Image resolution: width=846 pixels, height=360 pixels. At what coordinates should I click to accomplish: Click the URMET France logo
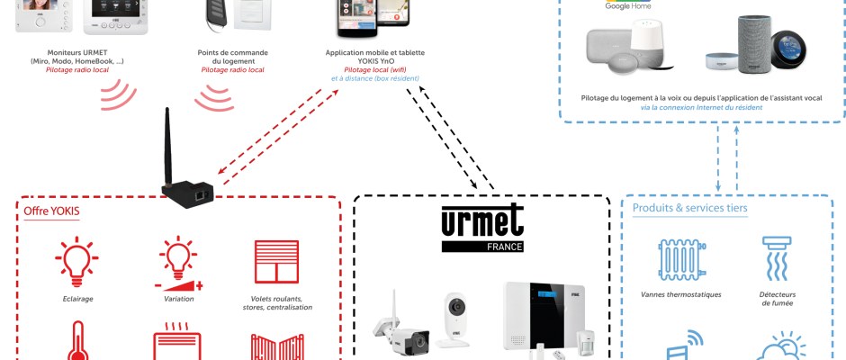(482, 228)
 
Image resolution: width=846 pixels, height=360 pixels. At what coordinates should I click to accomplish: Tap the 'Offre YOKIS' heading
(52, 211)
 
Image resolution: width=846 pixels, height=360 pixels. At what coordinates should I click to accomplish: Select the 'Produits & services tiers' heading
(690, 208)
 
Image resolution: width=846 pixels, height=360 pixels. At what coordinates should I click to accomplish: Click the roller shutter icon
(277, 262)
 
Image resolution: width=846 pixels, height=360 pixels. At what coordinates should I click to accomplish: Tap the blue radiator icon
(681, 260)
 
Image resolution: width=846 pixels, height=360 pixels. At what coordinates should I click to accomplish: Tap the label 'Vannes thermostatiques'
(681, 294)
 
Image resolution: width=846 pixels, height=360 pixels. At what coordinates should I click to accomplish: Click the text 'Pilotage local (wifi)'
(375, 69)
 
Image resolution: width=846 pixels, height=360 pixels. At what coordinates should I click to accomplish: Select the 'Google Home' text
(627, 6)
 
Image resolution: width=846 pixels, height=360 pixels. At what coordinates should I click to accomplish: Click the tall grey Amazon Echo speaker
(755, 44)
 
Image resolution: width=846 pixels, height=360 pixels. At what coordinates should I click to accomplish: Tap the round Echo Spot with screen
(789, 49)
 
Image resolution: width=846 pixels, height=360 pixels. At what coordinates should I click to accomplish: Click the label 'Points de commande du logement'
(232, 57)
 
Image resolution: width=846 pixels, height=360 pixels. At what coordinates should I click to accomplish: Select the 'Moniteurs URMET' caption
(77, 52)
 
